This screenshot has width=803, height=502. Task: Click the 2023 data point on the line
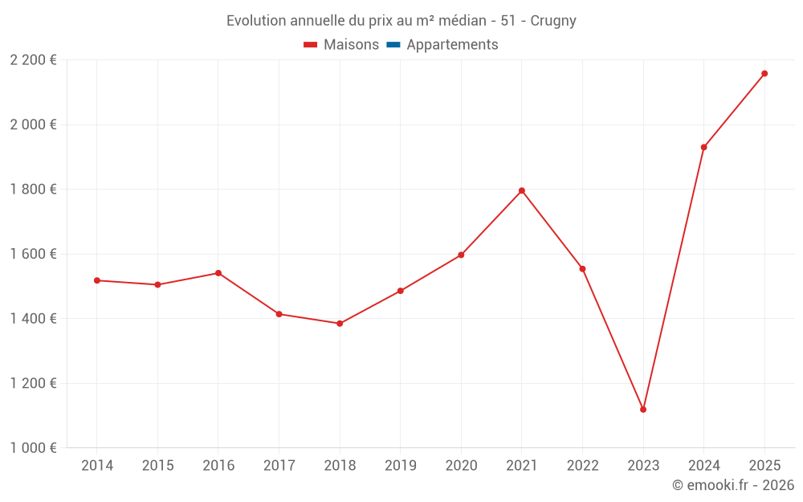[x=643, y=410]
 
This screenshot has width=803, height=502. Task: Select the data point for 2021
[x=522, y=190]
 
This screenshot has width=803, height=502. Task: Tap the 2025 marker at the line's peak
[x=764, y=74]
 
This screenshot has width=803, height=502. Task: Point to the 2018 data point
[x=340, y=324]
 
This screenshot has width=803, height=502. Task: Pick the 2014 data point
[x=97, y=280]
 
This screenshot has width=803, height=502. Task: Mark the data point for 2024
[x=703, y=147]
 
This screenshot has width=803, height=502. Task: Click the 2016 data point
[x=218, y=273]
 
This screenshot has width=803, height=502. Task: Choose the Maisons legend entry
[x=351, y=45]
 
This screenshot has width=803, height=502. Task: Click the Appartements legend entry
[x=452, y=45]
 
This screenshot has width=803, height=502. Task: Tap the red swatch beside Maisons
[x=311, y=45]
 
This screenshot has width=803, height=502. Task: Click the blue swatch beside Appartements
[x=393, y=45]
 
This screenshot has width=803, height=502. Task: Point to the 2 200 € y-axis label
[x=34, y=60]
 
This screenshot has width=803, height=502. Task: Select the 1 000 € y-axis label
[x=34, y=448]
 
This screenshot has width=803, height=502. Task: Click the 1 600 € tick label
[x=34, y=254]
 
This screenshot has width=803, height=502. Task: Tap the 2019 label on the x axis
[x=401, y=466]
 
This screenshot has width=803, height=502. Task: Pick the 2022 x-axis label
[x=582, y=466]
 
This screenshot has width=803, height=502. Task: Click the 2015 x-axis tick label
[x=157, y=466]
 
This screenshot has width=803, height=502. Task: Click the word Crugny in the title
[x=553, y=21]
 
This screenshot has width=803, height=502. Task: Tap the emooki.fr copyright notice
[x=732, y=485]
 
